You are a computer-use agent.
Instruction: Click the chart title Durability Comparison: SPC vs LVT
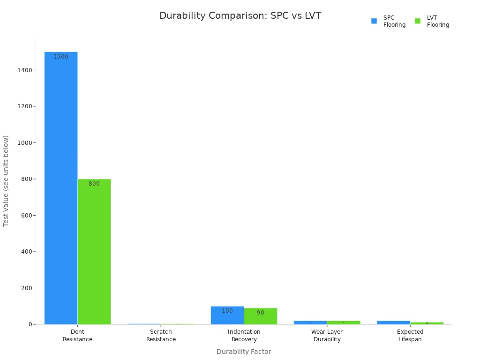coord(240,16)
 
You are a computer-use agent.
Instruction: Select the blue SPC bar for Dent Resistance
coord(61,187)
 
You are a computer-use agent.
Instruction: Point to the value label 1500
coord(61,57)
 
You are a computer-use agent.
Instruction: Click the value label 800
coord(94,184)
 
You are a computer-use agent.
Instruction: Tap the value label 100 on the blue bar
coord(227,311)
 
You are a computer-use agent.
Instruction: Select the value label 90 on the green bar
coord(261,313)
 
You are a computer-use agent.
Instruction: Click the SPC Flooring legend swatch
coord(374,21)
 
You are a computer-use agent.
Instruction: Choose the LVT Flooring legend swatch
coord(418,21)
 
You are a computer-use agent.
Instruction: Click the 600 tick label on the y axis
coord(26,216)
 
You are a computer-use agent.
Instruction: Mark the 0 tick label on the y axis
coord(30,324)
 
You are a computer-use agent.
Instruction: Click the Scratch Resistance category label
coord(161,336)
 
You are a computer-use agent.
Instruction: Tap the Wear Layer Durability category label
coord(327,336)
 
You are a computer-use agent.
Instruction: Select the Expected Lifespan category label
coord(410,336)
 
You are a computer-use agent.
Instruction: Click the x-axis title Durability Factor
coord(244,352)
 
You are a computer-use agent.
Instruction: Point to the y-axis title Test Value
coord(6,181)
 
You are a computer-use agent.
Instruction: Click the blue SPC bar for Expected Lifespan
coord(393,322)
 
